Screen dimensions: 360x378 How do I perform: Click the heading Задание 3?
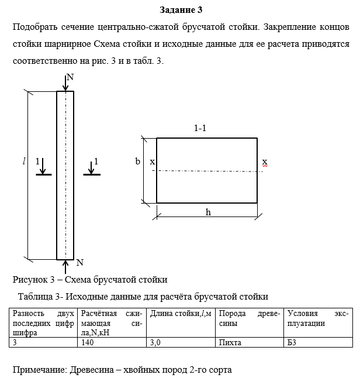181,10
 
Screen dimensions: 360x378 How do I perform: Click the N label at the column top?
70,77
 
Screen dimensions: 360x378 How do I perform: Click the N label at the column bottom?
80,262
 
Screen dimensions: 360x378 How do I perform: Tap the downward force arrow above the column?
65,84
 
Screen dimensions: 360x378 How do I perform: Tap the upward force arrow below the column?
65,266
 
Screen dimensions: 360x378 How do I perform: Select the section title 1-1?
200,128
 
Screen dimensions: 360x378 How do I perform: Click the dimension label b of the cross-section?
138,161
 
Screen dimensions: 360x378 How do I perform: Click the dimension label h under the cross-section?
208,212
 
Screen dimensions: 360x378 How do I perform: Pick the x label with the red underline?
264,161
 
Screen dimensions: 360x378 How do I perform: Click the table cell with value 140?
88,342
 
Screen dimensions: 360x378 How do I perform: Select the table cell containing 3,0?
155,342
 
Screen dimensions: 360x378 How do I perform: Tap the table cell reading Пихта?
229,342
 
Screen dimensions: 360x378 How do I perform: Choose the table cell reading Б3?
292,342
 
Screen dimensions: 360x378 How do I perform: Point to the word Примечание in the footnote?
39,370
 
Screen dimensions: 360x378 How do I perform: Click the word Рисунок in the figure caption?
30,279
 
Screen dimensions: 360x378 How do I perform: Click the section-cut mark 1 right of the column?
95,161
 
